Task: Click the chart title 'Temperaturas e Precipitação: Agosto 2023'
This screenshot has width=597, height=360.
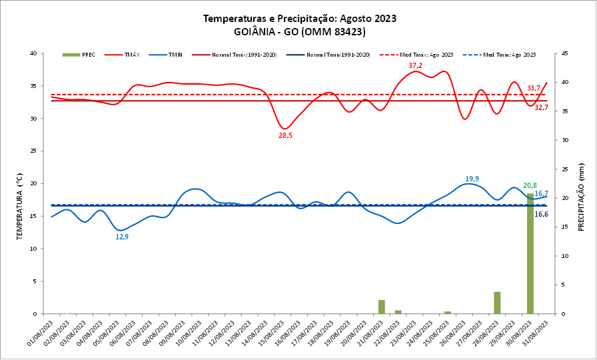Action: coord(299,19)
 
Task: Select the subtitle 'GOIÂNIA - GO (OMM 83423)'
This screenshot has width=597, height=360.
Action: coord(299,32)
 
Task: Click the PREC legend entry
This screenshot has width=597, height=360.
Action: coord(81,55)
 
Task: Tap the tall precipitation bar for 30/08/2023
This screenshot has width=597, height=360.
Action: coord(530,253)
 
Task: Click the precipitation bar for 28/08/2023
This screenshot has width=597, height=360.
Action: coord(497,303)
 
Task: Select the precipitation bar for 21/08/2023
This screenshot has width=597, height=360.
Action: coord(382,307)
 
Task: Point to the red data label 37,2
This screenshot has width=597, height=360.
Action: coord(415,65)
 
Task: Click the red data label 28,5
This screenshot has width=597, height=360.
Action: coord(285,135)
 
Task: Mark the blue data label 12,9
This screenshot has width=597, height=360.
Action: coord(122,237)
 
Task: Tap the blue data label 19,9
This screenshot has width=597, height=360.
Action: coord(472,179)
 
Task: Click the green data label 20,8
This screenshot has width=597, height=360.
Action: coord(530,186)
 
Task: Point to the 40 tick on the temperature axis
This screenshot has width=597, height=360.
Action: coord(33,53)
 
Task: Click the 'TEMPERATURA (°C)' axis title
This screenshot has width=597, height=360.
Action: coord(21,183)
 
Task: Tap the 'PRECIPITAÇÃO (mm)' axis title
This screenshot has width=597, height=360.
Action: coord(581,197)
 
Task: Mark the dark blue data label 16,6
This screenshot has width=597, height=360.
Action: coord(542,214)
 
